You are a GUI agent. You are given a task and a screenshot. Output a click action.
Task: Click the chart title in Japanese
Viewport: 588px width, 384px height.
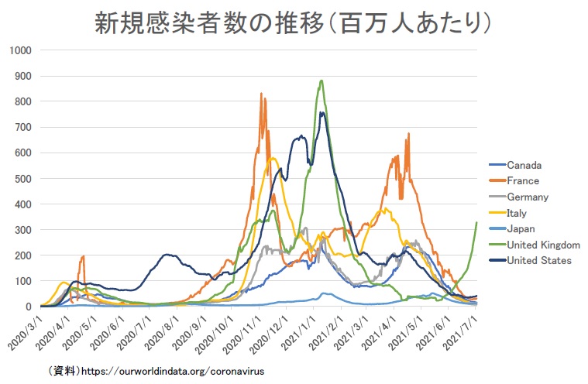coord(294,22)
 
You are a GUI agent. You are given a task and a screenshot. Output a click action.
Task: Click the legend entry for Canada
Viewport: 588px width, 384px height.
coord(523,164)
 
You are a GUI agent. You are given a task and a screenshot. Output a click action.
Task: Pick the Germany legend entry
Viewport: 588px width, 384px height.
coord(527,197)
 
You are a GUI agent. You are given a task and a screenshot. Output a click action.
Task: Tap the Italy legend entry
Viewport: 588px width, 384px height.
coord(518,213)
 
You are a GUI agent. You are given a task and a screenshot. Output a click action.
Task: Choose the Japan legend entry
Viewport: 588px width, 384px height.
coord(520,228)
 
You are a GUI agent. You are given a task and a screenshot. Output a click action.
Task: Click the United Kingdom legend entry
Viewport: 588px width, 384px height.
coord(542,245)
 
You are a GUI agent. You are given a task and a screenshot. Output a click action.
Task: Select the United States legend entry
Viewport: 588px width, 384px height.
coord(538,260)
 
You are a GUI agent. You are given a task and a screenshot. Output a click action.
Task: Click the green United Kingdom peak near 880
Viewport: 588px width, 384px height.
coord(322,81)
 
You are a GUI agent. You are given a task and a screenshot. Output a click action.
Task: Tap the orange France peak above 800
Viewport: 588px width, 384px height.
coord(263,94)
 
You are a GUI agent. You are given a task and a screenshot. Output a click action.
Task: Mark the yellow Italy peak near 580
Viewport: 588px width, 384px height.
coord(273,158)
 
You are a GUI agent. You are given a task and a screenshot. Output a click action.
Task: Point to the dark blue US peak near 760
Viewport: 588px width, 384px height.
coord(321,112)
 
